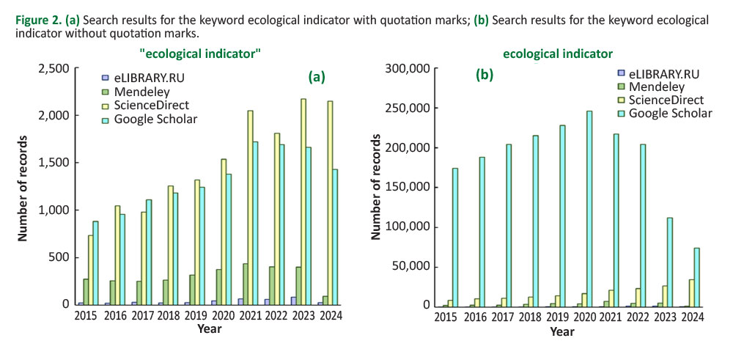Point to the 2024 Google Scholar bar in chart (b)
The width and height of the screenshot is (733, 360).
coord(696,276)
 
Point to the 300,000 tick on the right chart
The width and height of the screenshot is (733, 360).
coord(408,68)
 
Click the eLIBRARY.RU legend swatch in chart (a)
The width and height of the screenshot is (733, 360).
coord(106,78)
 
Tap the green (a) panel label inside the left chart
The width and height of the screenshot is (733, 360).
coord(316,76)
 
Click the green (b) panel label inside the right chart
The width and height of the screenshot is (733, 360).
coord(485,75)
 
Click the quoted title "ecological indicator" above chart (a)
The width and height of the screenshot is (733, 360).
coord(200,54)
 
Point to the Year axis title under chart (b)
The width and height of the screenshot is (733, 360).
coord(562,331)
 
